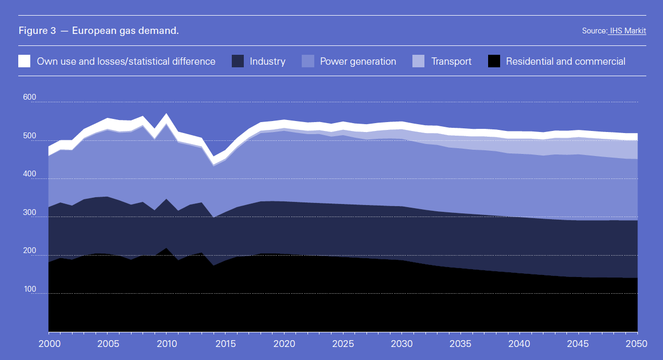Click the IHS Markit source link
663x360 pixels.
(627, 31)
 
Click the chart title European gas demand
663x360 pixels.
(125, 31)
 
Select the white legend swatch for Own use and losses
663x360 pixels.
(25, 61)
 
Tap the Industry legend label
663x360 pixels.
(267, 62)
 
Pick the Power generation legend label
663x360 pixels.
(358, 62)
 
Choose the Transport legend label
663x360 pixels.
(451, 62)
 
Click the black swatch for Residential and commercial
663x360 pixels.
(494, 61)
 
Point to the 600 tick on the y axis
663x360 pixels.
(30, 98)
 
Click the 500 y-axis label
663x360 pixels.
(30, 136)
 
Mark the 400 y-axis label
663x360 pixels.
(30, 174)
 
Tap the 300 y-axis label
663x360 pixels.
(30, 213)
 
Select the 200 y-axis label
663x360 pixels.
(30, 251)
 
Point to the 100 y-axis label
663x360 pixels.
(30, 289)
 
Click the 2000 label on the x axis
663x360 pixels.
(49, 344)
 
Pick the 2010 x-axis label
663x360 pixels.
(167, 344)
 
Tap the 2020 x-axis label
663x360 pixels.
(285, 344)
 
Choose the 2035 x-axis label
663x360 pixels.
(461, 344)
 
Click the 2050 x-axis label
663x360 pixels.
(637, 344)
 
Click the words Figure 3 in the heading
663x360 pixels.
(37, 31)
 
